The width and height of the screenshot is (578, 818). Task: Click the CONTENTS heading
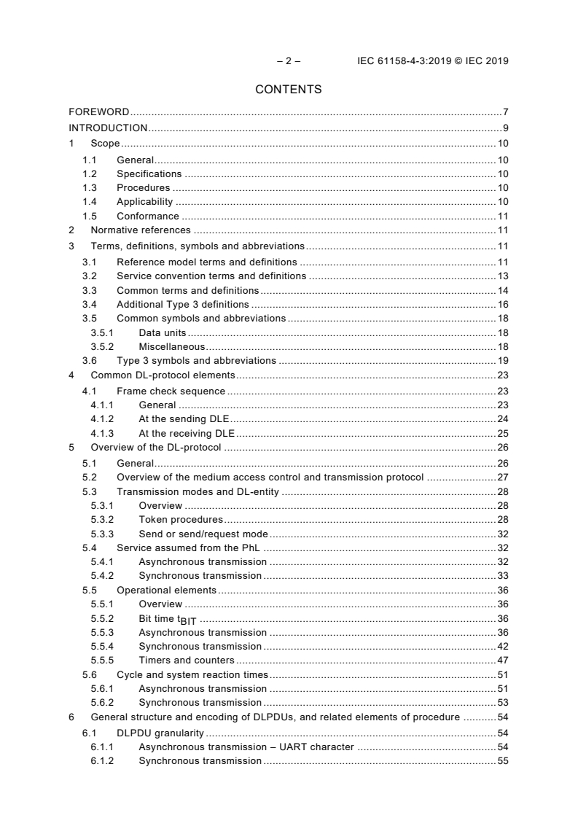[289, 90]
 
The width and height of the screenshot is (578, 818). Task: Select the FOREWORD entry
[98, 112]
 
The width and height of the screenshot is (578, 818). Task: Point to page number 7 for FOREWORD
[505, 112]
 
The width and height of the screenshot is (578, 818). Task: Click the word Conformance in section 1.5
[147, 216]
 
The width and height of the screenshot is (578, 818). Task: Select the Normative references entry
[141, 230]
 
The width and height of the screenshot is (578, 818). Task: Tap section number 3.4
[89, 304]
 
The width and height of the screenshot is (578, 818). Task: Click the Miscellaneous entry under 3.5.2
[171, 346]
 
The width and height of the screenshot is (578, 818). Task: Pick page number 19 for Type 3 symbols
[503, 360]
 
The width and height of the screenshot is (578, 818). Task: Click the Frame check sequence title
[171, 391]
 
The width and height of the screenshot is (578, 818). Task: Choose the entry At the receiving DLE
[186, 433]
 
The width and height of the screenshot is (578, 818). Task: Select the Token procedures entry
[180, 519]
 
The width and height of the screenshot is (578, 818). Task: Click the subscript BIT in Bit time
[188, 621]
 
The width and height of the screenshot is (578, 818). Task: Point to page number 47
[503, 660]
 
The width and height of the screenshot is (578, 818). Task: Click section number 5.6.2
[103, 702]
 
